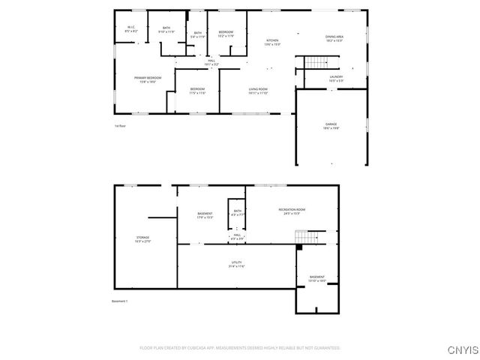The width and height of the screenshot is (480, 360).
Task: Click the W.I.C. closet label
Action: point(130,29)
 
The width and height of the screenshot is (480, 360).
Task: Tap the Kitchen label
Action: point(273,42)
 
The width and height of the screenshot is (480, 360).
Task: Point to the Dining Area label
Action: point(334,39)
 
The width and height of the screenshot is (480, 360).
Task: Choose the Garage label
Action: point(331,126)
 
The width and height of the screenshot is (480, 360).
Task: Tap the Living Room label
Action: point(259,91)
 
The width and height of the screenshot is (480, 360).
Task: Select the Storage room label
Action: point(142,239)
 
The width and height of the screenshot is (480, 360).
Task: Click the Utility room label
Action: point(236,264)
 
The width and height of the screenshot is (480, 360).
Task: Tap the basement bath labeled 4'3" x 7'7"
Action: point(238,213)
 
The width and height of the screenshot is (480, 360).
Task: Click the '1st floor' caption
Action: point(119,126)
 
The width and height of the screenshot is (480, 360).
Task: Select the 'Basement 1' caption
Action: point(120,301)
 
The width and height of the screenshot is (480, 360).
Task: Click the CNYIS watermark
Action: point(460,349)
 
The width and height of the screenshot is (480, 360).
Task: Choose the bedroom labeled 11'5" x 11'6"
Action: point(198,91)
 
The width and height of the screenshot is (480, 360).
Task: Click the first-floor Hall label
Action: point(202,62)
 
